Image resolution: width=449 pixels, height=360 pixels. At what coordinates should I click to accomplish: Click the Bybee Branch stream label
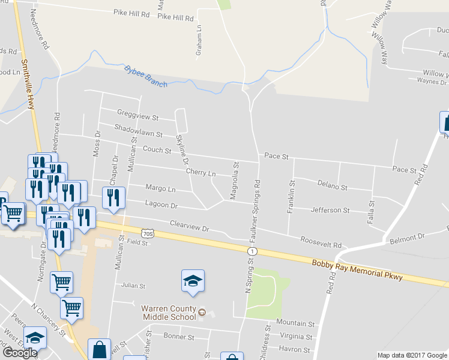[x=145, y=76]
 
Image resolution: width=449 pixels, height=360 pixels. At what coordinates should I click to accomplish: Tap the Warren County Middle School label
[x=169, y=313]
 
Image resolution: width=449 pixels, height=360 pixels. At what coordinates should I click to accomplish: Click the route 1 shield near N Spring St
[x=254, y=250]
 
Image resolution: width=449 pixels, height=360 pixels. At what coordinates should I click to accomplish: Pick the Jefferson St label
[x=330, y=211]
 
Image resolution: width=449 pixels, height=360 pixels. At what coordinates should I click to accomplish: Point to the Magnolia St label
[x=235, y=180]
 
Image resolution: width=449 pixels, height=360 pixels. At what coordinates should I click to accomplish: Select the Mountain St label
[x=297, y=323]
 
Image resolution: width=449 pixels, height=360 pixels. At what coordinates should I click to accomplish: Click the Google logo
[x=20, y=353]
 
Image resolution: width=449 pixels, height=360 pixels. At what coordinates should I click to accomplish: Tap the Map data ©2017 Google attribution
[x=412, y=355]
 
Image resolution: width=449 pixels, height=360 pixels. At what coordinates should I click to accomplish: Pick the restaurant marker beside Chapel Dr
[x=113, y=199]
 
